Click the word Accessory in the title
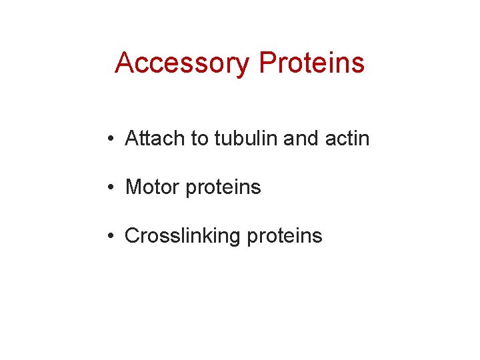[183, 63]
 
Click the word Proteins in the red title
[312, 63]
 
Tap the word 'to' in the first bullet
[199, 139]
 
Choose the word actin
[347, 139]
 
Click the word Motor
[153, 187]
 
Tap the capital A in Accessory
[124, 63]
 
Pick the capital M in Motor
[133, 187]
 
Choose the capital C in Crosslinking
[132, 236]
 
